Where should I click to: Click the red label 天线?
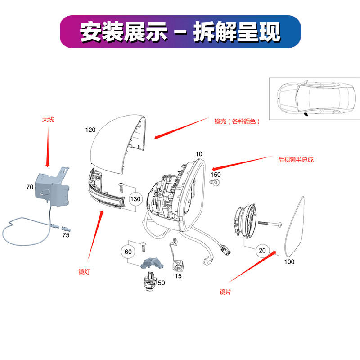point(48,119)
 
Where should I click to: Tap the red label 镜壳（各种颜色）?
point(237,121)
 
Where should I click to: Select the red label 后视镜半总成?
point(296,160)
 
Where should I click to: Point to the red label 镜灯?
point(84,272)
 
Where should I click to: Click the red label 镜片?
point(225,292)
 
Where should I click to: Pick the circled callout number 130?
point(135,199)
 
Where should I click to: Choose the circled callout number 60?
point(128,252)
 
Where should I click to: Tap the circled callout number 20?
point(262,251)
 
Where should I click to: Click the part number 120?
point(90,130)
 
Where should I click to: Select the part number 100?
point(289,262)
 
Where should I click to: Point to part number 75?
point(66,235)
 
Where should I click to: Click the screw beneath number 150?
point(215,183)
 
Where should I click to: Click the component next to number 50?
point(150,282)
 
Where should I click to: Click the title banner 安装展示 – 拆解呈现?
point(180,31)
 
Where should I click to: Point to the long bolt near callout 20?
point(270,224)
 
